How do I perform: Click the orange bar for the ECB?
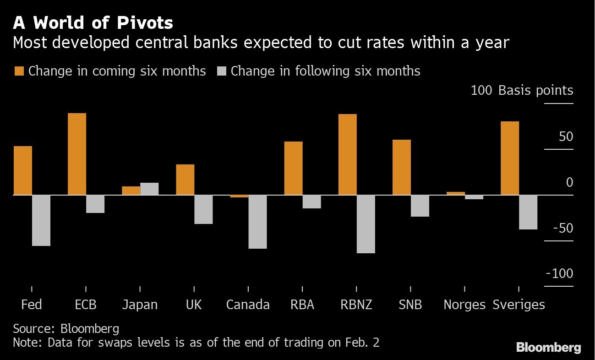tap(77, 154)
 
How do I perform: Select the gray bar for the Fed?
tap(41, 220)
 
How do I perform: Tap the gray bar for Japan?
tap(149, 189)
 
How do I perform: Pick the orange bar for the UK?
tap(185, 180)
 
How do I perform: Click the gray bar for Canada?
tap(257, 222)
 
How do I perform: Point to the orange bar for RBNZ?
tap(347, 154)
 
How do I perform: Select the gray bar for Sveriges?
tap(528, 212)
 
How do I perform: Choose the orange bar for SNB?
tap(401, 167)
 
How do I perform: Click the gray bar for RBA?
tap(311, 202)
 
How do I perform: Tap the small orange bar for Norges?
tap(455, 193)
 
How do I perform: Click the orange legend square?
tap(19, 71)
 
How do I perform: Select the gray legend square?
tap(221, 71)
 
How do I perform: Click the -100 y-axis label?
tap(559, 273)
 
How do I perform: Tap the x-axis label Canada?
tap(248, 305)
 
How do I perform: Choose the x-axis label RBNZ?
tap(356, 305)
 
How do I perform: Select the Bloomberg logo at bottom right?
tap(548, 348)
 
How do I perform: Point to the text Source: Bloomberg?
tap(66, 328)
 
